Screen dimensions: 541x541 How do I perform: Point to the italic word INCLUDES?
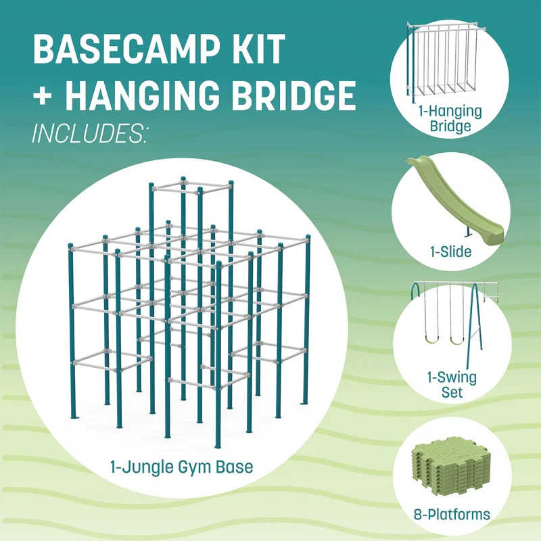click(x=89, y=133)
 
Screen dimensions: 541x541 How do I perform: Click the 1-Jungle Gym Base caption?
click(x=181, y=467)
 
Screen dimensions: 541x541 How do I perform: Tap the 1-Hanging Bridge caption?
click(x=450, y=119)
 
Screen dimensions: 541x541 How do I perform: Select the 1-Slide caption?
click(x=450, y=252)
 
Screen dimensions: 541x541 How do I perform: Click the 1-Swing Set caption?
click(x=451, y=383)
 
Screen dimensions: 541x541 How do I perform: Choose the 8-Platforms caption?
click(x=450, y=515)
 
